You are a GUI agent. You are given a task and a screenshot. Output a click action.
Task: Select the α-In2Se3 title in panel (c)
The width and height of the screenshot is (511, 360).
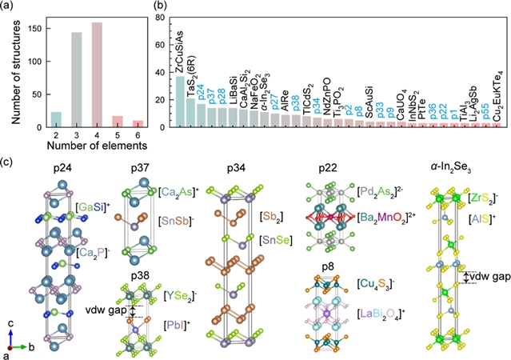point(456,169)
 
